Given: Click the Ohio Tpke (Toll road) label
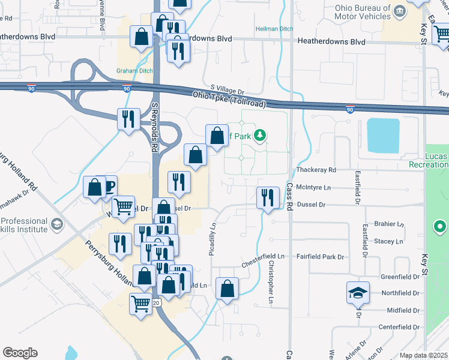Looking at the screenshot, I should [x=229, y=100].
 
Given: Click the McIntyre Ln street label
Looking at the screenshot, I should [x=314, y=187].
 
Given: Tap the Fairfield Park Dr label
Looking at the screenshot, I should [x=321, y=257].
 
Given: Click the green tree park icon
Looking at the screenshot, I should [x=260, y=136].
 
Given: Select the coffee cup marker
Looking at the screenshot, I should [x=109, y=185].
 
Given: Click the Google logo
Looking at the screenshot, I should [x=20, y=353].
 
